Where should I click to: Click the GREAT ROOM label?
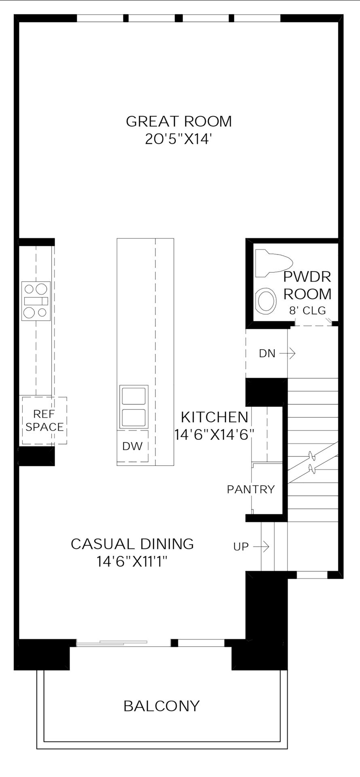[179, 121]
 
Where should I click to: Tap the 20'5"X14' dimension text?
[179, 139]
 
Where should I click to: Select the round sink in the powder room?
[266, 301]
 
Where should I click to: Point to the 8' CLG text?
[307, 311]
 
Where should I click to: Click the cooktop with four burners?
[36, 301]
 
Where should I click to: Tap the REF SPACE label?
[44, 420]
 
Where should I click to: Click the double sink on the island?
[133, 407]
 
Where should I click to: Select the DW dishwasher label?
[132, 446]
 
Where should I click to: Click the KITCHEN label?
[214, 417]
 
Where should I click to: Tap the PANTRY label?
[251, 490]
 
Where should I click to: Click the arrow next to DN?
[288, 354]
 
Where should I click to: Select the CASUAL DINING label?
[132, 544]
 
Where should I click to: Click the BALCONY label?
[161, 706]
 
